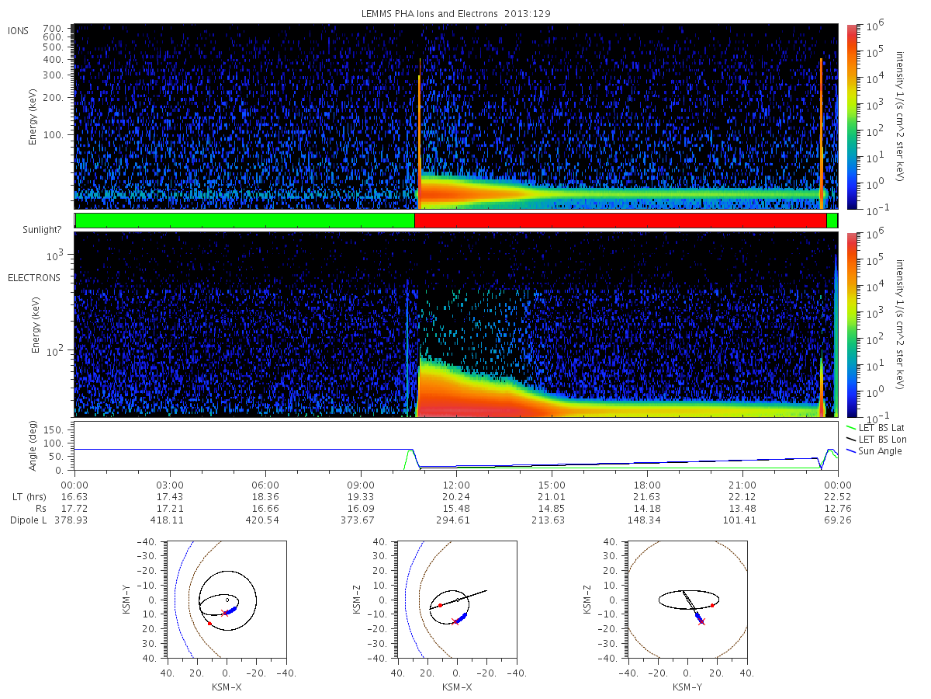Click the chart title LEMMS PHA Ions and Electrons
coord(429,13)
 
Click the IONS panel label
coord(18,31)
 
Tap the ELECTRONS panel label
coord(34,277)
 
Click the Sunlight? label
coord(42,230)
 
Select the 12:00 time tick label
coord(456,485)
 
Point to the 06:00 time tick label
coord(265,485)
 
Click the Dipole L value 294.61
coord(453,520)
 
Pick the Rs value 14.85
coord(552,508)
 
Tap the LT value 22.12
coord(742,496)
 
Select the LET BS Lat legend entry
coord(875,428)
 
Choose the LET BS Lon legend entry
coord(876,440)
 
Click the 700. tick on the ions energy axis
coord(53,28)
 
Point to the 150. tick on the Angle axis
coord(54,430)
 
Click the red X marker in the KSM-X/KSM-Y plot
coord(224,613)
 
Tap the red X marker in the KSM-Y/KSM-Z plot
coord(701,622)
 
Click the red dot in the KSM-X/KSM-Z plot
coord(440,605)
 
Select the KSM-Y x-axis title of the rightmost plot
coord(687,687)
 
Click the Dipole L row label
coord(29,520)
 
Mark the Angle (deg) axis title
coord(33,446)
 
